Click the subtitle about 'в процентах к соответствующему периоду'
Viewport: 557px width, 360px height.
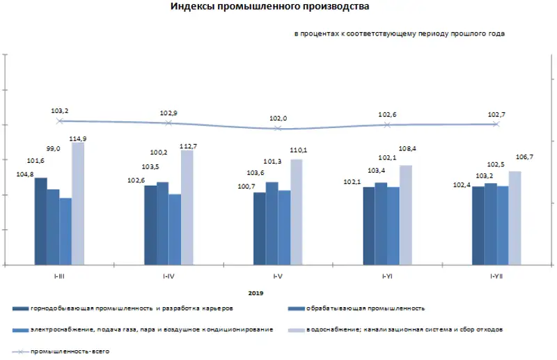pos(400,33)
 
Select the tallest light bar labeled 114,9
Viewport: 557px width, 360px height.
pos(78,203)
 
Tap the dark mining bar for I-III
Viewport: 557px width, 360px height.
pos(41,221)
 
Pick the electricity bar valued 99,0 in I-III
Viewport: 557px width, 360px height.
pos(65,231)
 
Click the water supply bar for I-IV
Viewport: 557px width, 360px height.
pos(187,208)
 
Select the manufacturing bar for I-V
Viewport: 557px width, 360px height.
pos(272,224)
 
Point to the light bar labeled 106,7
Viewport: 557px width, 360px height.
pos(515,218)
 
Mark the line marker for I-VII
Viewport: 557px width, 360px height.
pos(496,124)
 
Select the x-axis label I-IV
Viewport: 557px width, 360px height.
pos(168,276)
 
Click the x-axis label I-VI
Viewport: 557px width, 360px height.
pos(387,276)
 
